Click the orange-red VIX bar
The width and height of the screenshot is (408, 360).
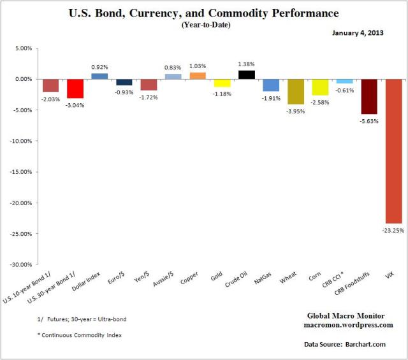coord(393,150)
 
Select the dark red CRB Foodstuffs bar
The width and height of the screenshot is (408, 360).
coord(369,96)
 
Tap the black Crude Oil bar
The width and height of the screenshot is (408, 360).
coord(247,75)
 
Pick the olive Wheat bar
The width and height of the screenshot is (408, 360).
coord(296,91)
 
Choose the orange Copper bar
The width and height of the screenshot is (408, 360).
coord(198,76)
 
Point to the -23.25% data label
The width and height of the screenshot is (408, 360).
coord(393,230)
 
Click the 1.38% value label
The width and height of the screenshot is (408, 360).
coord(247,64)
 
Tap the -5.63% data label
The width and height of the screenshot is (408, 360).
coord(369,121)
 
